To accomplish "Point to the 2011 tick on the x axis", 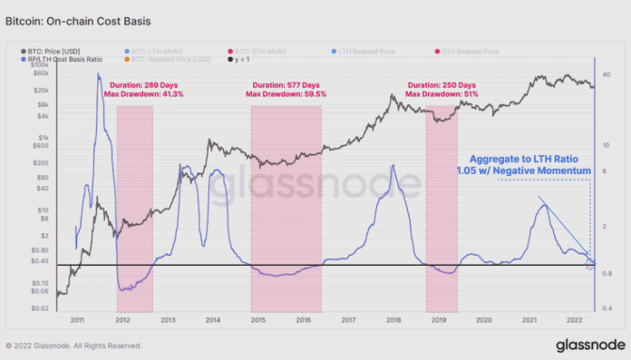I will (77, 320).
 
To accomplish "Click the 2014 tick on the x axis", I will (212, 320).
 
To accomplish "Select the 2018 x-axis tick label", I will (393, 320).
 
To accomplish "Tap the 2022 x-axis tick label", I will (573, 320).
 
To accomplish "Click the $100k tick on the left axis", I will (39, 66).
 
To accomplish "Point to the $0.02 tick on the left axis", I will (39, 308).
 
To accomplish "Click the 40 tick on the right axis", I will (607, 73).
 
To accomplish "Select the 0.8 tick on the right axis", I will (607, 273).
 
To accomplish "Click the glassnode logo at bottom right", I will (588, 345).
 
